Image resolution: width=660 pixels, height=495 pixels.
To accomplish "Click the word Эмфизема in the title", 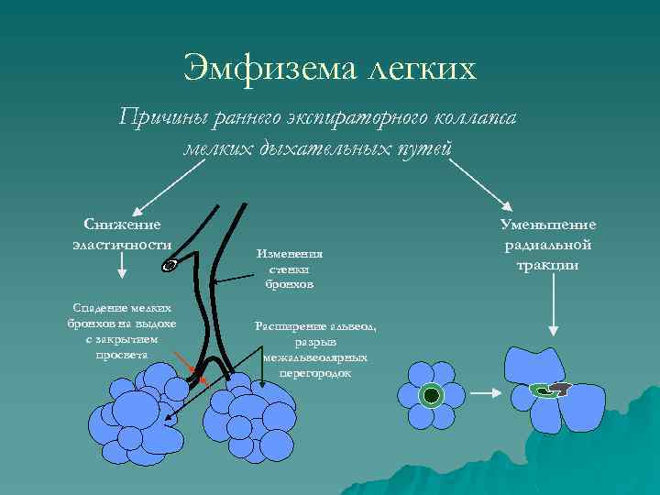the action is tap(254, 69).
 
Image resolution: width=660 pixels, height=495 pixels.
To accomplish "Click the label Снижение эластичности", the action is tap(122, 234).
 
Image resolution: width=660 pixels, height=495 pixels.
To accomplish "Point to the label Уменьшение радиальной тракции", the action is tap(548, 244).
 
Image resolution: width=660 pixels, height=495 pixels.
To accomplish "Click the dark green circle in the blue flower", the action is tap(432, 395).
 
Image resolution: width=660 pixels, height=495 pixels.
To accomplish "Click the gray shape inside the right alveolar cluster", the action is tap(560, 389).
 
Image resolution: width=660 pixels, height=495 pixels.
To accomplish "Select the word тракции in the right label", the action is tap(548, 265).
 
